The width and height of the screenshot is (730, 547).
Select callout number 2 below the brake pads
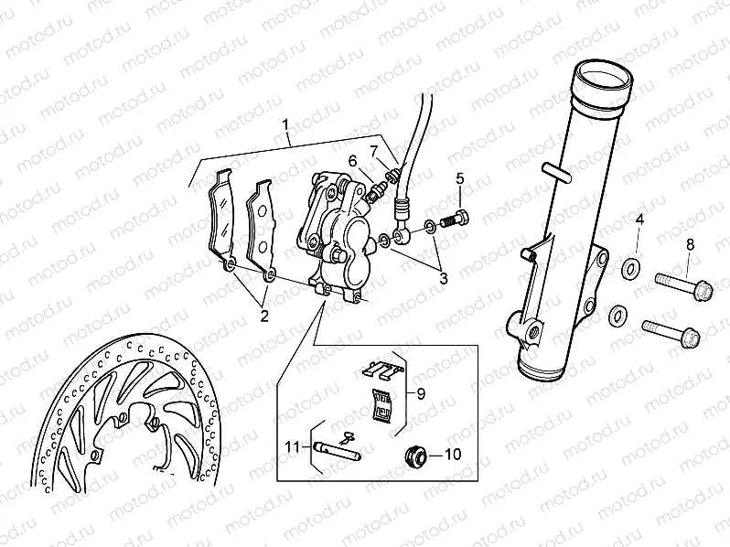tap(263, 316)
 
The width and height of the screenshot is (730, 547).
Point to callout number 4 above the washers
tap(640, 220)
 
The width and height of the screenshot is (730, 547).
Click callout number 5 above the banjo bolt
tap(460, 177)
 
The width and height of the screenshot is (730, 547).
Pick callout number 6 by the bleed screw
tap(351, 160)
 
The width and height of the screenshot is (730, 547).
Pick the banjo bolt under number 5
tap(454, 220)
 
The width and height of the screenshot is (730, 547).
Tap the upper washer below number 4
tap(630, 271)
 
